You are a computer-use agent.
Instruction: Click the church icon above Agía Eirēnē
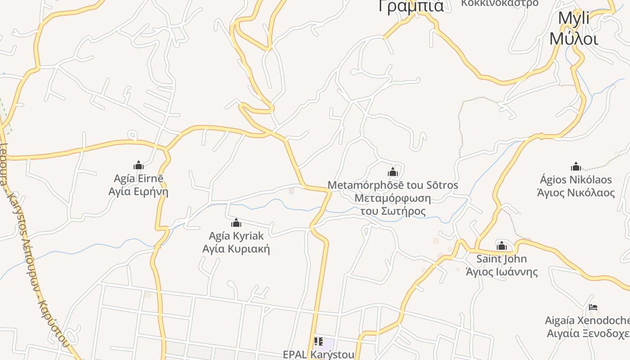[139, 165]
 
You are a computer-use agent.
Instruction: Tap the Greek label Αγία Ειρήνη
[139, 192]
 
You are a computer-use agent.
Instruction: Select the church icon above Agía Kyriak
[236, 223]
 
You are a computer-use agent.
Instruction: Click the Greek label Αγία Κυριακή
[236, 249]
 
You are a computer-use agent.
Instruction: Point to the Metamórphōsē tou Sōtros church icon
[393, 172]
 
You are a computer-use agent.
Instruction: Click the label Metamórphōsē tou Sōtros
[393, 185]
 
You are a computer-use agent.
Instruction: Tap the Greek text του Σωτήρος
[393, 211]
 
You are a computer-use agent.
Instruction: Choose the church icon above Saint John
[502, 246]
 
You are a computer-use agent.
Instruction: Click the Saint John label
[501, 259]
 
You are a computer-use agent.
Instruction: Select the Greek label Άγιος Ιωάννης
[501, 272]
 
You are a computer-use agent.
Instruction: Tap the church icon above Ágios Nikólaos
[576, 167]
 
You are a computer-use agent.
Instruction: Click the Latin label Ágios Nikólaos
[576, 180]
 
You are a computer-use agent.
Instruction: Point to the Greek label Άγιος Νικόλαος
[576, 193]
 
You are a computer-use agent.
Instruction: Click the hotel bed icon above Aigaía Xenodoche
[593, 308]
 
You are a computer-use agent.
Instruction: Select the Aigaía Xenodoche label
[587, 320]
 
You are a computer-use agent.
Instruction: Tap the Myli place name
[574, 19]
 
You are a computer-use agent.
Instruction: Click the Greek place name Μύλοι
[574, 39]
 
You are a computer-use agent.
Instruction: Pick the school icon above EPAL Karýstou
[319, 342]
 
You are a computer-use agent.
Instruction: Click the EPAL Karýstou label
[319, 355]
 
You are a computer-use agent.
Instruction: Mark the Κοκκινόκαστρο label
[499, 3]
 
